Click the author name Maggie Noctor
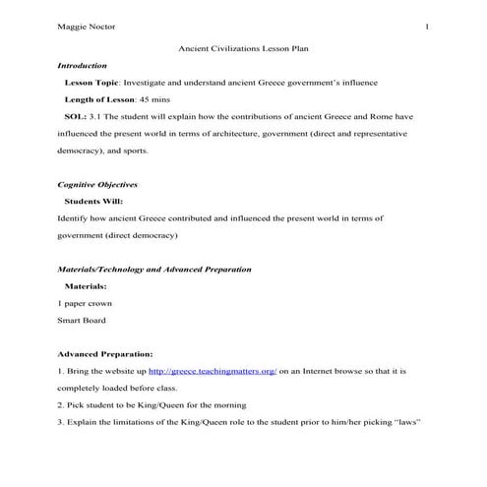(86, 26)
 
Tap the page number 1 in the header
(427, 26)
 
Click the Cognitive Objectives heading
(97, 184)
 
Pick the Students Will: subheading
(93, 201)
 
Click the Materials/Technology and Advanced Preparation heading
(153, 269)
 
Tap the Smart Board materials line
(82, 320)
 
